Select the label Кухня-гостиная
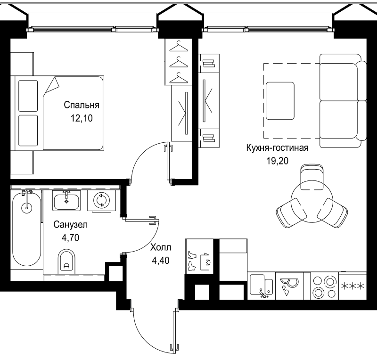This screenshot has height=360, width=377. pos(277,148)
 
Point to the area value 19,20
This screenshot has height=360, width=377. pos(277,161)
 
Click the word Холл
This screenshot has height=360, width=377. pos(161,247)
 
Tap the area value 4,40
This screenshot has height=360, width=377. pos(161,259)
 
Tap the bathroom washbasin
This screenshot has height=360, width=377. pos(66,201)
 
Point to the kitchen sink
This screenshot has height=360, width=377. pos(261,286)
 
